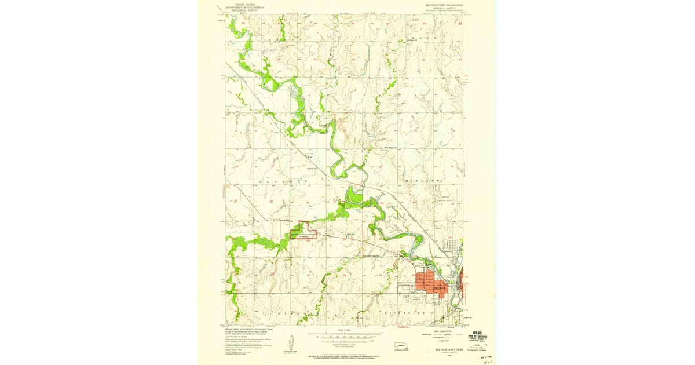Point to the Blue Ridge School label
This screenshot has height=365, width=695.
(x=394, y=148)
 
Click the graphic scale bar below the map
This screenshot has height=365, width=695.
(x=344, y=335)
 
